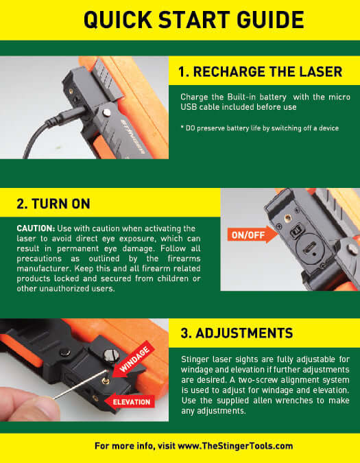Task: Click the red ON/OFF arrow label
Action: [248, 236]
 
